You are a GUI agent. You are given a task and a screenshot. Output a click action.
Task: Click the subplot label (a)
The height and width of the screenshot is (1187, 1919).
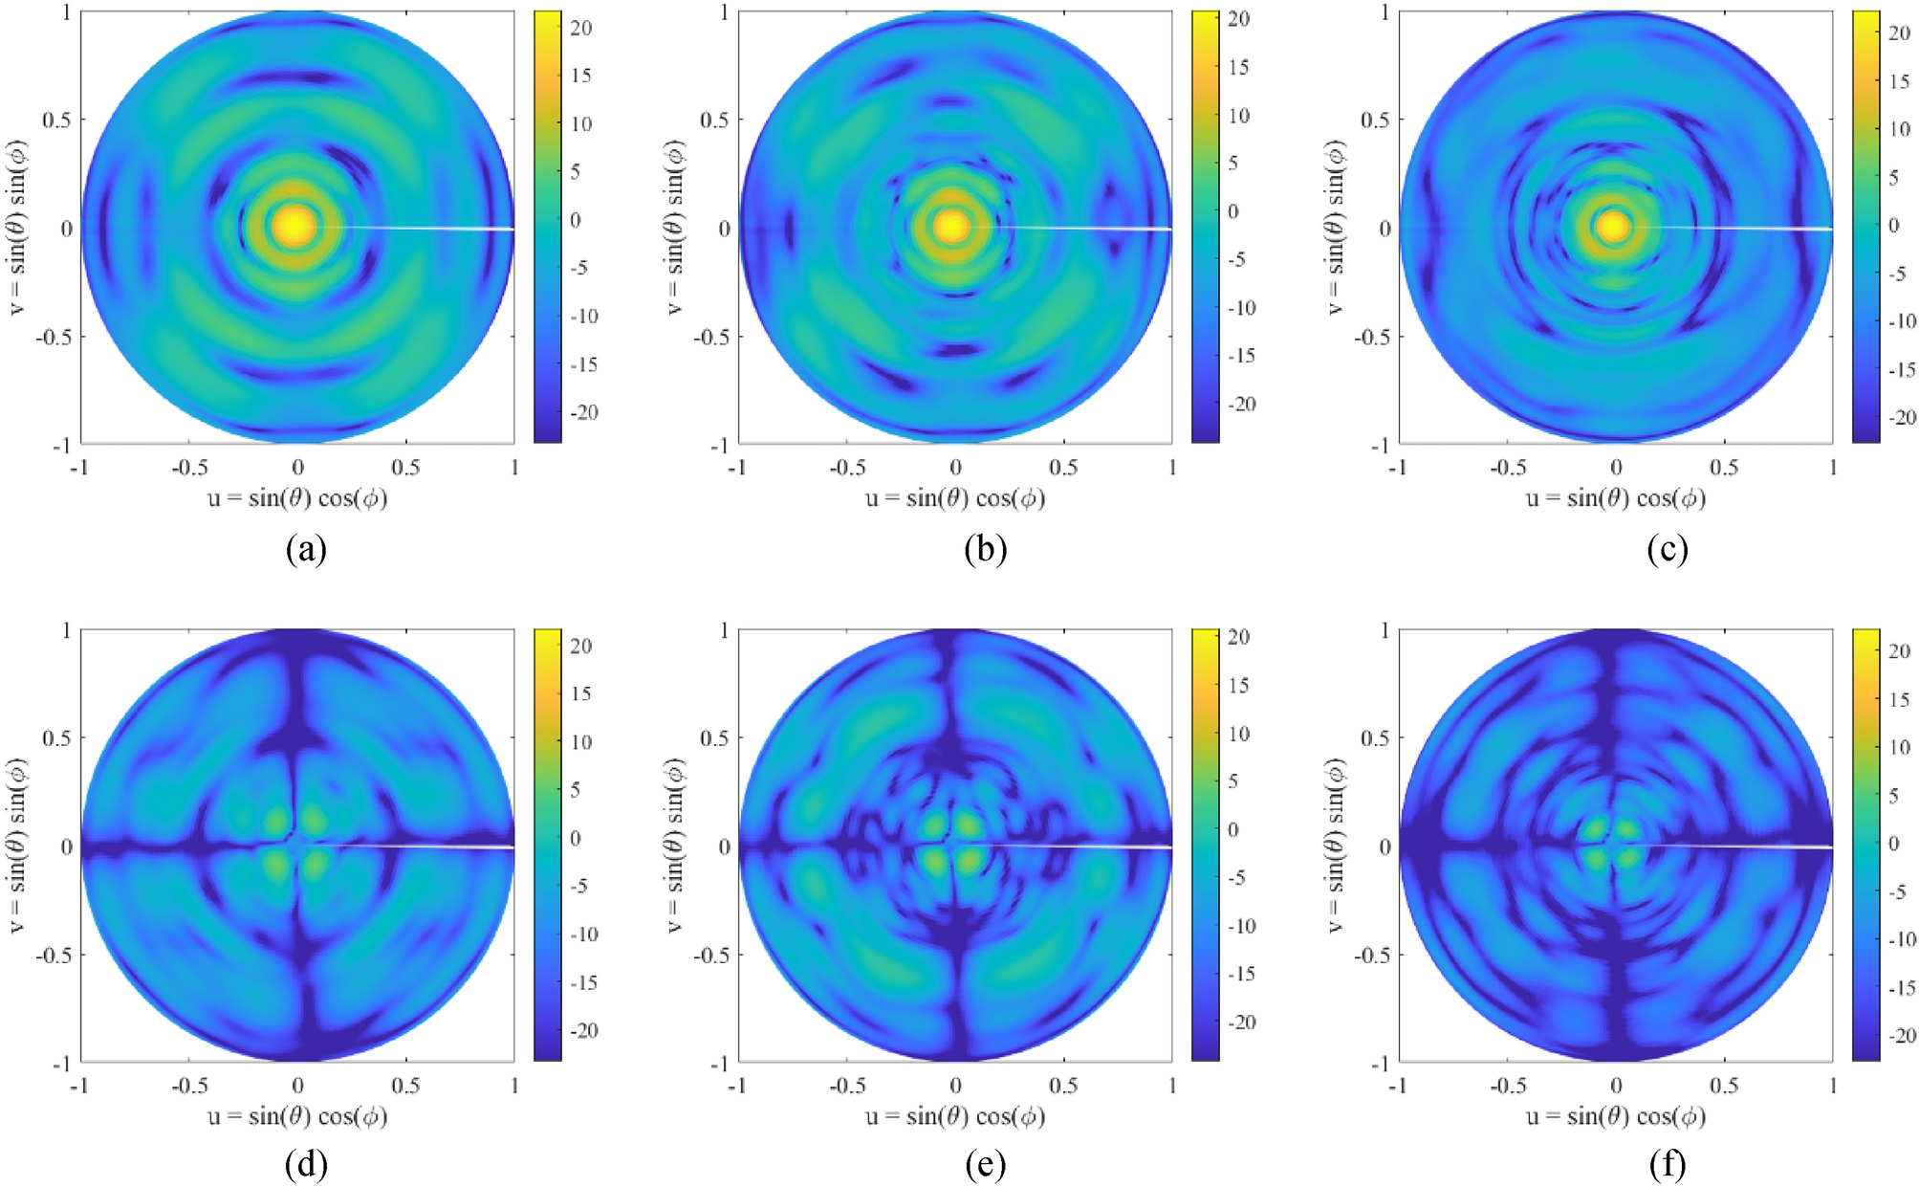pos(306,550)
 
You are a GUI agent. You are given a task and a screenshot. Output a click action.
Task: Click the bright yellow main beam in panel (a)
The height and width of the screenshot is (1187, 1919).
pos(295,226)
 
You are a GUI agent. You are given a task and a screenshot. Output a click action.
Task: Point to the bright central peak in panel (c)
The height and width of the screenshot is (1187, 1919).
pos(1614,227)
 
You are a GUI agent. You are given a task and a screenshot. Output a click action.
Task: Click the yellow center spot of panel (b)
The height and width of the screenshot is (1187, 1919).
pos(952,227)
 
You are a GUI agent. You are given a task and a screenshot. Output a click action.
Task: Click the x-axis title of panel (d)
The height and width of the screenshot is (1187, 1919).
pos(297,1116)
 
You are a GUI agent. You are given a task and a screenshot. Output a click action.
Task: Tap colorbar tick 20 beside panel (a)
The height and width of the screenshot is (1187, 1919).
pos(581,28)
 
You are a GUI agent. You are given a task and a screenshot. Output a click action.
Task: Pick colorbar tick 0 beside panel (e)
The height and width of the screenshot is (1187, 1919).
pos(1232,829)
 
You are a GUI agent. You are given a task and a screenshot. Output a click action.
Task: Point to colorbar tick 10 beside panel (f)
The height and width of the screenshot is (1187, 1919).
pos(1899,747)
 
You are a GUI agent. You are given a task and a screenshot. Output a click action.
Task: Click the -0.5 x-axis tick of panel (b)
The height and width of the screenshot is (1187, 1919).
pos(845,468)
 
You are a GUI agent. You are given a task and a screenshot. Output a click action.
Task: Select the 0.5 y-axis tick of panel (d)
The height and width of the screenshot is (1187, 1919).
pos(58,737)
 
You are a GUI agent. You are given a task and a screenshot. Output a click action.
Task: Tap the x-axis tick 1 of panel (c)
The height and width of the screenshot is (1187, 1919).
pos(1832,468)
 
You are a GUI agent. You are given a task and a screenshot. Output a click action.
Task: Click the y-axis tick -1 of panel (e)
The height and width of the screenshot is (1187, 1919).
pos(723,1063)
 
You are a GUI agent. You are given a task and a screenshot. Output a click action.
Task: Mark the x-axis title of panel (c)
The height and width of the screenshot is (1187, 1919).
pos(1615,498)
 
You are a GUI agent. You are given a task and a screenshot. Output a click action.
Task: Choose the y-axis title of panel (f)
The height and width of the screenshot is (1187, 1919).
pos(1337,846)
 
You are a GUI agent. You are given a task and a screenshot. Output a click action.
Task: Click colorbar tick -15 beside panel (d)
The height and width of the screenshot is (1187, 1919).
pos(583,982)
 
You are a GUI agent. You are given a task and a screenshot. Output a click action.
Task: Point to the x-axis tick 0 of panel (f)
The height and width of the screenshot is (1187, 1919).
pos(1616,1086)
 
